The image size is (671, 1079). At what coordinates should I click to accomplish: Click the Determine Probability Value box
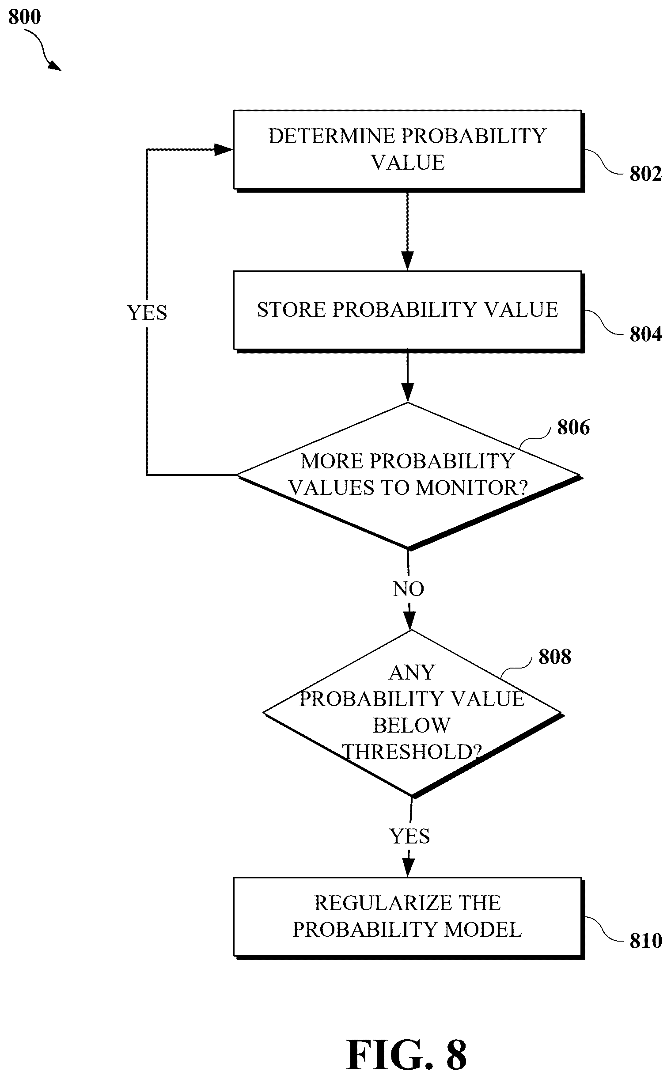pos(409,151)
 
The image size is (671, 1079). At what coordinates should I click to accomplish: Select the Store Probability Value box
pos(409,312)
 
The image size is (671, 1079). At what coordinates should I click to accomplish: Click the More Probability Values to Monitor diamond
pos(409,476)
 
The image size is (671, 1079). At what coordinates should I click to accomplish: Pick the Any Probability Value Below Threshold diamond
pos(413,713)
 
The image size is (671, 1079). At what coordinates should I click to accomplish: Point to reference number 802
pos(645,174)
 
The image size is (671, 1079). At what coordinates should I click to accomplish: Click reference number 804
pos(645,334)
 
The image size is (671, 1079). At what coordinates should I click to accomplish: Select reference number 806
pos(573,427)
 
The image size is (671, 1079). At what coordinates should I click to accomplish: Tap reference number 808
pos(555,657)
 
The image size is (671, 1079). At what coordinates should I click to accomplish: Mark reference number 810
pos(645,941)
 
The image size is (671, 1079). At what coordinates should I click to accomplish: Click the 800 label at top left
pos(24,17)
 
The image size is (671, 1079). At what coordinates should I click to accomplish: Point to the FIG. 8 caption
pos(406,1055)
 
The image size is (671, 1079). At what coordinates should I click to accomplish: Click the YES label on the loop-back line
pos(147,312)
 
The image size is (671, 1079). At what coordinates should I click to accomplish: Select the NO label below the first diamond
pos(409,589)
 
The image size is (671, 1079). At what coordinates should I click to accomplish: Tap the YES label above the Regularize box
pos(409,836)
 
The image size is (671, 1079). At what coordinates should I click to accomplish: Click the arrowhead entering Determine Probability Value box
pos(224,150)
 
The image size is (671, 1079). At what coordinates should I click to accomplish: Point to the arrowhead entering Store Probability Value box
pos(407,261)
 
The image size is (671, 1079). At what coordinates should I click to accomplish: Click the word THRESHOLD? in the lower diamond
pos(412,752)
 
